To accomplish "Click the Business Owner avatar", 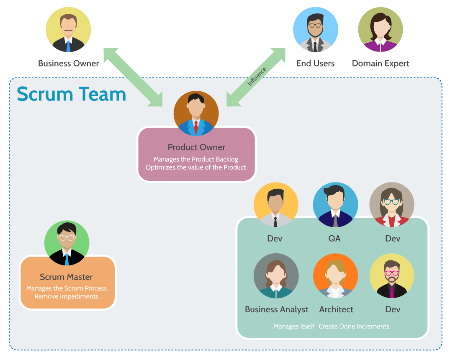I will click(68, 30).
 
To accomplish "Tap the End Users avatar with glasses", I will click(315, 30).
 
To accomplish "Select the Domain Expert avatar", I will click(380, 30).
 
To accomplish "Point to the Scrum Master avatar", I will click(67, 243).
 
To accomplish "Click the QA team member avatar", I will click(335, 205).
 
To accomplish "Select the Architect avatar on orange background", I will click(335, 276).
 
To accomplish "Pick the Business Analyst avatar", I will click(276, 276).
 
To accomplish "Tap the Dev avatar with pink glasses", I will click(391, 276).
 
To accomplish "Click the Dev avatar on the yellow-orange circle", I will click(275, 205).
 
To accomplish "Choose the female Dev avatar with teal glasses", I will click(391, 205).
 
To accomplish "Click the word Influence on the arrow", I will click(257, 77).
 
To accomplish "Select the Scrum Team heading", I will click(72, 94).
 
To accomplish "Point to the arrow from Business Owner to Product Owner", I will click(133, 77).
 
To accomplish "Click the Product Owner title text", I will click(196, 147).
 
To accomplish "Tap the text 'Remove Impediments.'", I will click(67, 296).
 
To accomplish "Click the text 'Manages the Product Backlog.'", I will click(196, 159).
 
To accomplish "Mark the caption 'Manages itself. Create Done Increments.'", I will click(332, 326).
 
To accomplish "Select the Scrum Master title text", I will click(66, 277).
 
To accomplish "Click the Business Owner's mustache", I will click(68, 30).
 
